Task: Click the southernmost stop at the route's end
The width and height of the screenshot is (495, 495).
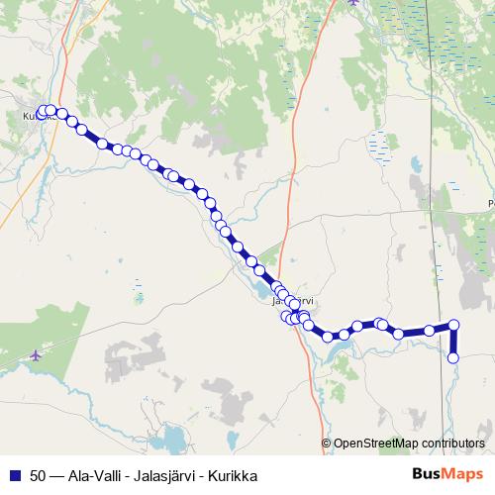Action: [453, 357]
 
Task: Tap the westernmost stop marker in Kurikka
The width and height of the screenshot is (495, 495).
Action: [42, 112]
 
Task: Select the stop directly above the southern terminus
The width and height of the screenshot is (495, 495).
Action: [453, 325]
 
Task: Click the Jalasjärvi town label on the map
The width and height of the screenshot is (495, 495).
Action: [293, 301]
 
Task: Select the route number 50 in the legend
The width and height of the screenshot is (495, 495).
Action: [38, 475]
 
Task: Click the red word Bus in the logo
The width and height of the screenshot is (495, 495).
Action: [426, 474]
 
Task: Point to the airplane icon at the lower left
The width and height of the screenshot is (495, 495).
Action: [37, 354]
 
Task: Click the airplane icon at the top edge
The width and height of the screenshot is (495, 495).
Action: [353, 3]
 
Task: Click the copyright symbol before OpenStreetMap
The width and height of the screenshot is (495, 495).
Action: [328, 443]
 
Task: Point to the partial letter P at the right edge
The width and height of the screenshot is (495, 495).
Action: [491, 205]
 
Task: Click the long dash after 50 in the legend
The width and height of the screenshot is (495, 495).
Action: [56, 475]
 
